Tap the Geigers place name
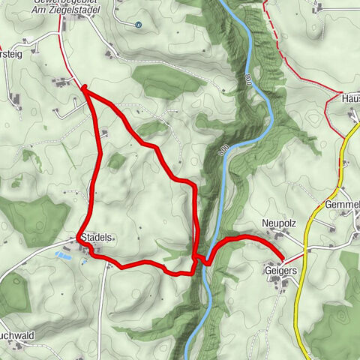coord(280,270)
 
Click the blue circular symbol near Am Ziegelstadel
coord(139,23)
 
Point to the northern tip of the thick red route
coord(83,88)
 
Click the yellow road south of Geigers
coord(297,315)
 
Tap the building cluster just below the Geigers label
coord(279,282)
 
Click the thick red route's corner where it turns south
coord(194,184)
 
